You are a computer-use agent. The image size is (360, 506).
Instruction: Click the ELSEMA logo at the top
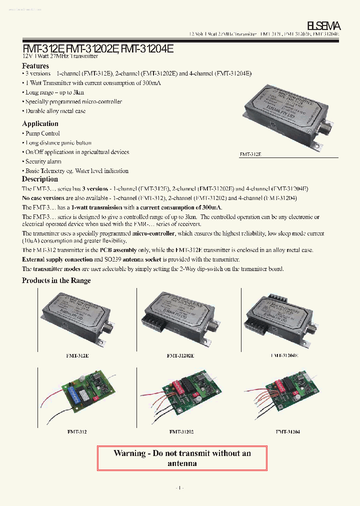323,25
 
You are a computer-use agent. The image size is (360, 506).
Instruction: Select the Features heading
35,66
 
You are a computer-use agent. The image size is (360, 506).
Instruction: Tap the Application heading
40,123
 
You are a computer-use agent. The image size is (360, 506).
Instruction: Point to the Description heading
40,179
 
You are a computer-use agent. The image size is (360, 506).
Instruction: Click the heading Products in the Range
56,280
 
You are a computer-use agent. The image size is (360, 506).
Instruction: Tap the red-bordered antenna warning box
182,458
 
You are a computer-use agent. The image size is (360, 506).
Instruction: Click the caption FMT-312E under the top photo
250,154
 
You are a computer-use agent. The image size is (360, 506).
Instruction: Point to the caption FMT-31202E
180,355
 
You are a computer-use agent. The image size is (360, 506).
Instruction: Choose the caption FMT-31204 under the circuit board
287,431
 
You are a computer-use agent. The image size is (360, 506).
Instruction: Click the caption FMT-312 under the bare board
77,431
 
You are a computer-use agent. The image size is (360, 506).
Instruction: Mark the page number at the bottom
180,487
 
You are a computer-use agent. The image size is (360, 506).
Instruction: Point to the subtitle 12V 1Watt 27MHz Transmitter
60,56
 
